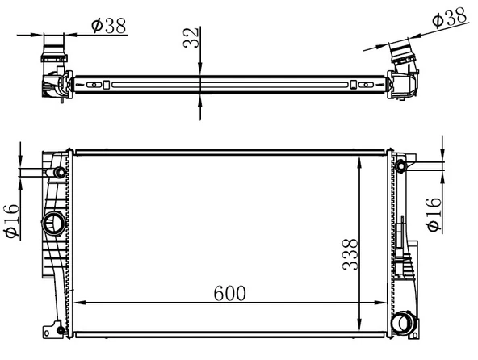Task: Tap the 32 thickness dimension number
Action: [x=190, y=37]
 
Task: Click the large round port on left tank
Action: [x=55, y=224]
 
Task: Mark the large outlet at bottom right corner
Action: [x=400, y=324]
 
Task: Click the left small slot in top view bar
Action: [x=95, y=83]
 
